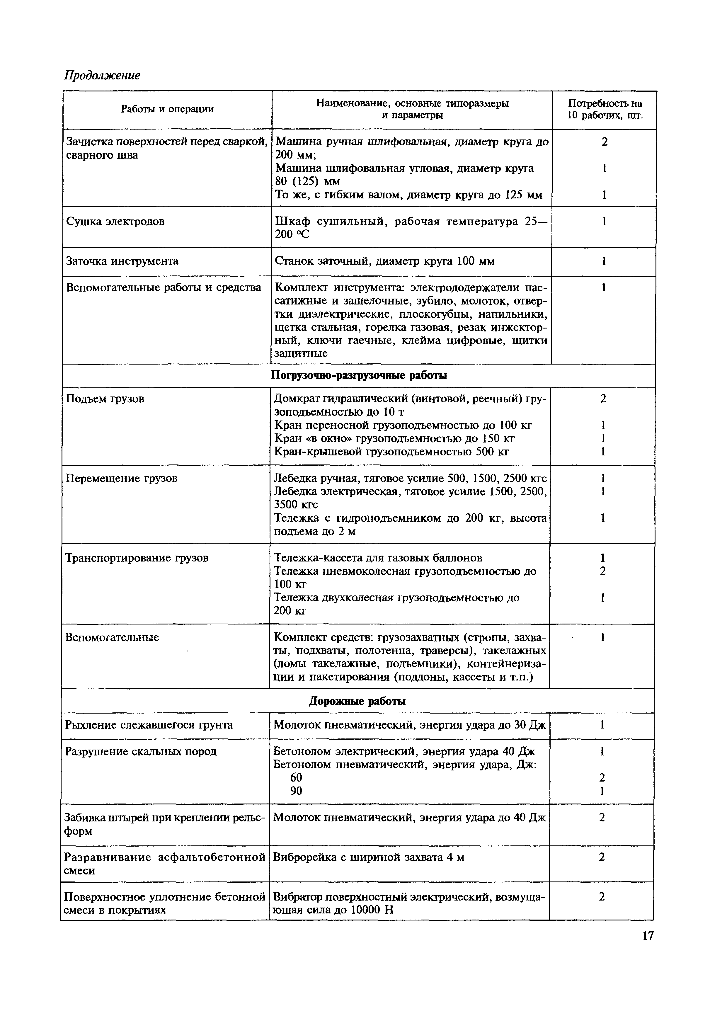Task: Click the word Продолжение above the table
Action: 102,75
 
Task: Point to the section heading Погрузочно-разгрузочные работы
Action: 359,376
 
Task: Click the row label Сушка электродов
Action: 115,221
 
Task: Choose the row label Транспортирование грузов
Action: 137,558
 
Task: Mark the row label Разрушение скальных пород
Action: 141,751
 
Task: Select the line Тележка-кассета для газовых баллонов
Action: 378,558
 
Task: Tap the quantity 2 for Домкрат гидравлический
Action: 603,399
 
